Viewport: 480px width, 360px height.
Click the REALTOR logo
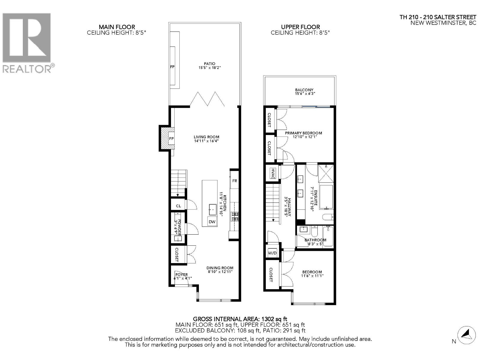coord(27,42)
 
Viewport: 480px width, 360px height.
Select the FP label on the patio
coord(172,67)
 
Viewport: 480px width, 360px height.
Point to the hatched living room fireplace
coord(164,138)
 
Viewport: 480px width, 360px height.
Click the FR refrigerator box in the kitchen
coord(235,181)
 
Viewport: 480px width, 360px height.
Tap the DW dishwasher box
coord(212,222)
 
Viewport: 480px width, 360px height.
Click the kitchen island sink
coord(213,209)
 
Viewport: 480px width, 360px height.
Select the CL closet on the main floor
coord(178,206)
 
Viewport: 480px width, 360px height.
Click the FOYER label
coord(182,274)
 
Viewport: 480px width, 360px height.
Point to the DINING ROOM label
coord(220,268)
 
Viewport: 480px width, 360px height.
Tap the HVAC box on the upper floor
coord(273,173)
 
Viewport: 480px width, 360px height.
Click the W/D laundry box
coord(272,253)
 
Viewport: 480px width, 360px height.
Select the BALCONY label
coord(304,90)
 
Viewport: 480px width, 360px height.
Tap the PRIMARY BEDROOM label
coord(304,133)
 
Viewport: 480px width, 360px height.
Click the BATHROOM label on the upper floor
coord(315,240)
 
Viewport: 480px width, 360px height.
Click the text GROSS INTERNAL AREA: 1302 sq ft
coord(240,319)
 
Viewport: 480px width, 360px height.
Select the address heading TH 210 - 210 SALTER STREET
coord(438,17)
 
